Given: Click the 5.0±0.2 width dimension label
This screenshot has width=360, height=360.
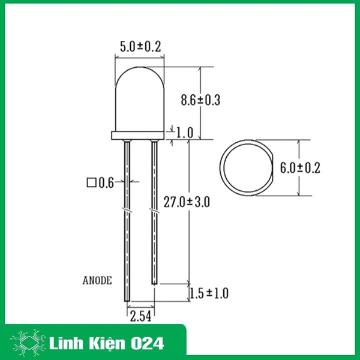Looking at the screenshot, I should coord(142,46).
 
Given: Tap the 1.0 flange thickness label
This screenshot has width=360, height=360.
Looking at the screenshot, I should coord(185,131).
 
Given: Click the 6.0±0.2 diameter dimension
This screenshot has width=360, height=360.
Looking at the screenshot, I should coord(301,167).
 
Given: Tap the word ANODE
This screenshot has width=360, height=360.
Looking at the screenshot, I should coord(98,280).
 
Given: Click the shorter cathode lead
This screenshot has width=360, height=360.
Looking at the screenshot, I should coord(154,240).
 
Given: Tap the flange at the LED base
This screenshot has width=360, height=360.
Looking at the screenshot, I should coord(140,136).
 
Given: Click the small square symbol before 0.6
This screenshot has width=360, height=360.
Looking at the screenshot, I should coord(92,181).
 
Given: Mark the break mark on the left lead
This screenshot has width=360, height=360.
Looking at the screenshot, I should coord(127,211).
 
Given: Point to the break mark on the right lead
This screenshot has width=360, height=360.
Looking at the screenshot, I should coord(154,211).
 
